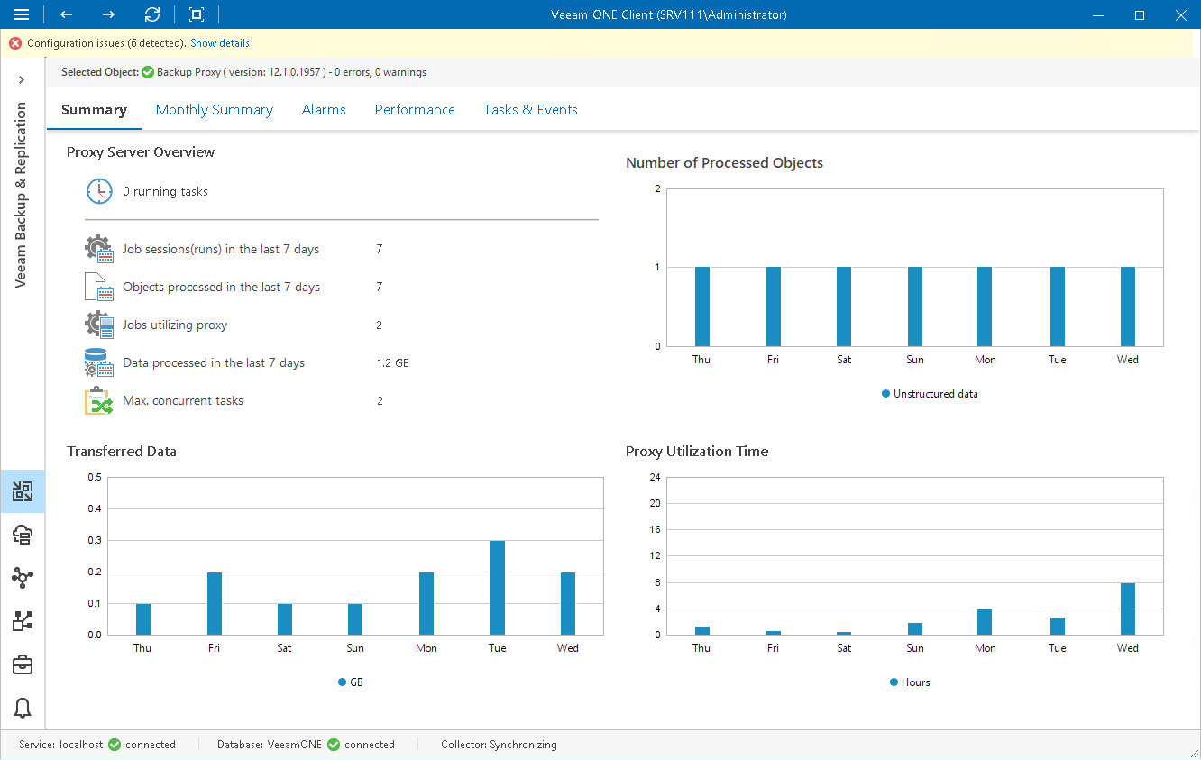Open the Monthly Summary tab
[214, 110]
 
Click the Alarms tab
[324, 110]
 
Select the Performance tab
[415, 110]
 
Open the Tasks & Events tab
[530, 110]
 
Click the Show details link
[220, 43]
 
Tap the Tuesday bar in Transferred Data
[498, 587]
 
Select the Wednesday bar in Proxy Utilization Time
[1127, 609]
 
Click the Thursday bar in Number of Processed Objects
[701, 307]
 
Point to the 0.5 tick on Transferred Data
[94, 477]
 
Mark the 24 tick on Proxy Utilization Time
[656, 477]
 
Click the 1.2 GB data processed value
[392, 363]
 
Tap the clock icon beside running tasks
[99, 192]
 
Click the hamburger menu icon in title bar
[23, 15]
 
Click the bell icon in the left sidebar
[23, 708]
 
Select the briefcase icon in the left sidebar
[23, 665]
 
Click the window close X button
[1180, 15]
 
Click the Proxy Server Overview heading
[141, 152]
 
